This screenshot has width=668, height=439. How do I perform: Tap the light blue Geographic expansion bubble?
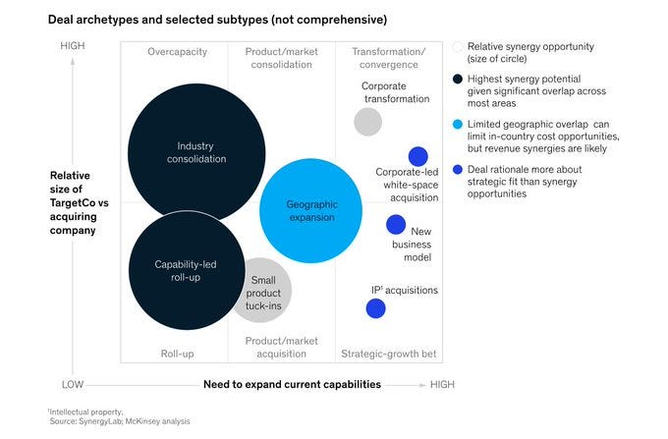(311, 210)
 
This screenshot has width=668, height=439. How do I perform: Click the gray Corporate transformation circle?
(367, 122)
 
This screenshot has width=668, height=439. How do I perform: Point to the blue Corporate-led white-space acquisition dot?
(417, 156)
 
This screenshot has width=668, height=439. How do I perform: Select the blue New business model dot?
(396, 225)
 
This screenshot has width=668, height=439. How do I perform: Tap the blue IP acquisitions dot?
(375, 308)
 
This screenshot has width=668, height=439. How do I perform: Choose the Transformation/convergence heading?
(388, 58)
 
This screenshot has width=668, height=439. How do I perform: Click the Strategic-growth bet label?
(388, 354)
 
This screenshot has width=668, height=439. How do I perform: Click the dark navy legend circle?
(459, 78)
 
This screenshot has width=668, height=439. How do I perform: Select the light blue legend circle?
(459, 126)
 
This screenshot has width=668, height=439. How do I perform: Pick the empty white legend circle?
(458, 46)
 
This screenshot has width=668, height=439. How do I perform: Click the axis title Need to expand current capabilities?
(292, 384)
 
